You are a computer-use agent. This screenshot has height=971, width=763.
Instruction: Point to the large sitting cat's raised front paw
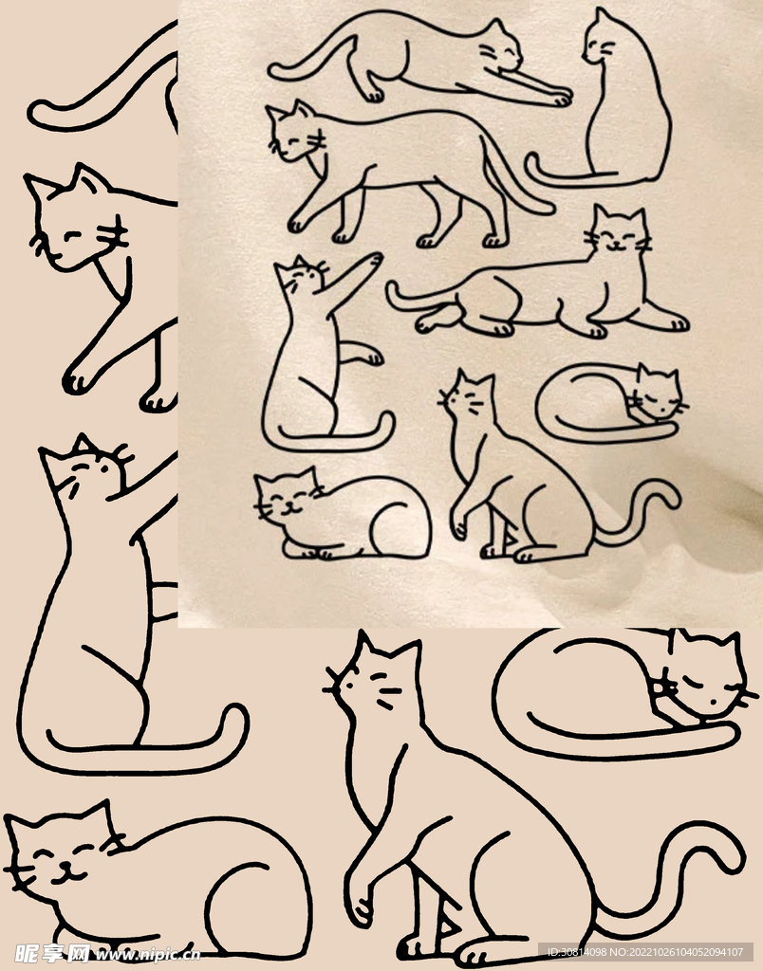360,907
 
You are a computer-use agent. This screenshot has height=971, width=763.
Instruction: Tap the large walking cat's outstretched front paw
76,380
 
